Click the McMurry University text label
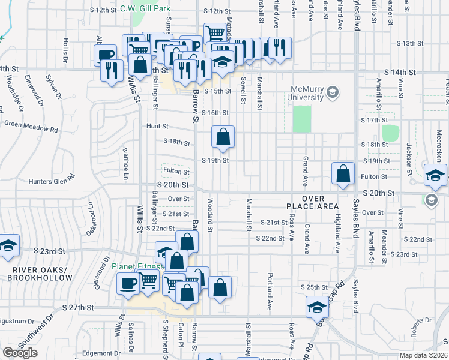coord(307,92)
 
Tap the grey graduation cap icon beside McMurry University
coord(333,92)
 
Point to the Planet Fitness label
coord(138,267)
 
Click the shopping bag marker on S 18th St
coord(223,137)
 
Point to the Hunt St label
coord(157,127)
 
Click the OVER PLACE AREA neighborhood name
coord(313,203)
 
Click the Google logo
coord(20,353)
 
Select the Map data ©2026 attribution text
coord(424,356)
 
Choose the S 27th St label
coord(79,307)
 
